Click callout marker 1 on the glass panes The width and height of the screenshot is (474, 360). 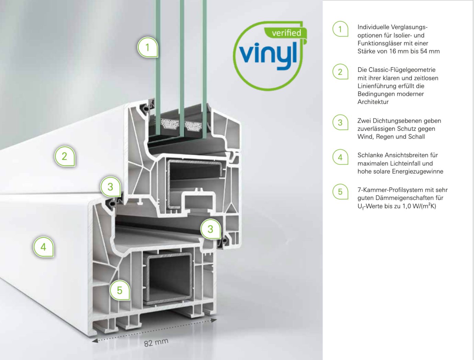[148, 47]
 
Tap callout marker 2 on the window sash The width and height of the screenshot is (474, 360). [65, 156]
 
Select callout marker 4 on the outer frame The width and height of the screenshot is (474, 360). [43, 247]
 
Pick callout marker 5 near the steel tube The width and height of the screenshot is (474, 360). [120, 290]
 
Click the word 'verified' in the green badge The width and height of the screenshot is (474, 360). [286, 33]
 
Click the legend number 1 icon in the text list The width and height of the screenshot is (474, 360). [340, 29]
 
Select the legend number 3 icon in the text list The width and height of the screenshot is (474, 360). [340, 122]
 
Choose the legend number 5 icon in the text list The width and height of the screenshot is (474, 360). [340, 192]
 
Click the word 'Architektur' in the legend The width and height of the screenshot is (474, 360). [373, 102]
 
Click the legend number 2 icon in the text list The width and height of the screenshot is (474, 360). [340, 72]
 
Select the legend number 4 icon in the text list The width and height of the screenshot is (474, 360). [340, 157]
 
